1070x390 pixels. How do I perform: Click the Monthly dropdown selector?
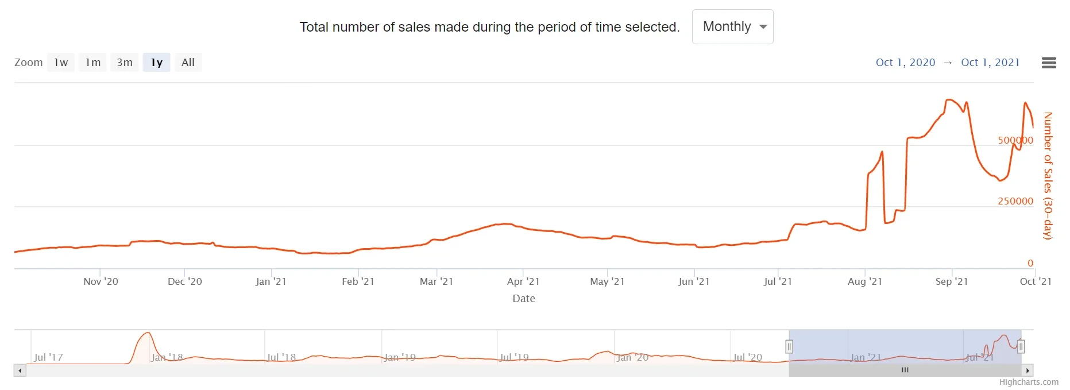pyautogui.click(x=732, y=27)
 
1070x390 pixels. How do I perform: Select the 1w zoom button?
pyautogui.click(x=61, y=63)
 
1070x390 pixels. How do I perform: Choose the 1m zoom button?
pyautogui.click(x=92, y=63)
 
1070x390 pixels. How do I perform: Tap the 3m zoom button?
pyautogui.click(x=125, y=63)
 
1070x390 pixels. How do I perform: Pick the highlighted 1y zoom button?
pyautogui.click(x=157, y=63)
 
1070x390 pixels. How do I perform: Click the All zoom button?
pyautogui.click(x=188, y=63)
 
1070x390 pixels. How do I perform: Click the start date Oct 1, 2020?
pyautogui.click(x=905, y=63)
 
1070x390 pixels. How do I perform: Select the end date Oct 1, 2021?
pyautogui.click(x=990, y=63)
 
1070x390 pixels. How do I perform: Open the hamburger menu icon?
pyautogui.click(x=1049, y=63)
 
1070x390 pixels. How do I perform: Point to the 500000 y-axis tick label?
pyautogui.click(x=1015, y=140)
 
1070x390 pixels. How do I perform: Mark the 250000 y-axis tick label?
pyautogui.click(x=1015, y=201)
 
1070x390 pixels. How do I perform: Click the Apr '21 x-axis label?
pyautogui.click(x=523, y=281)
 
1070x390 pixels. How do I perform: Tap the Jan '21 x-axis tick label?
pyautogui.click(x=271, y=281)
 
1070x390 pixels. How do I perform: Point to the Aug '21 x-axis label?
pyautogui.click(x=864, y=281)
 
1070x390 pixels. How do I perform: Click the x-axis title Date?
pyautogui.click(x=524, y=299)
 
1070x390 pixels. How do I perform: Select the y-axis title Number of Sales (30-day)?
pyautogui.click(x=1048, y=176)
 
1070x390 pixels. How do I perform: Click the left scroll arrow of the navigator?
pyautogui.click(x=20, y=370)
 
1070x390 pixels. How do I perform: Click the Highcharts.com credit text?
pyautogui.click(x=1029, y=383)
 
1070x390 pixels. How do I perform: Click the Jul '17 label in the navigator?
pyautogui.click(x=49, y=357)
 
